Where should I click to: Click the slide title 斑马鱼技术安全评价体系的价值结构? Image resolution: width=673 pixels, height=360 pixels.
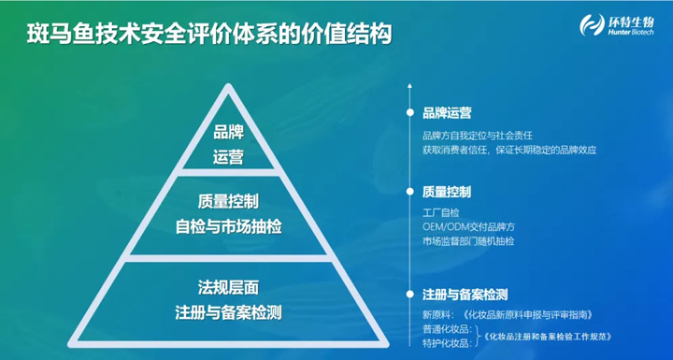tap(207, 34)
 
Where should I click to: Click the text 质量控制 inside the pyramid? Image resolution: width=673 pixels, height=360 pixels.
tap(228, 202)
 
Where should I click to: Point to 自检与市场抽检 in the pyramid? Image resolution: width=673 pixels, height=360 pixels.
tap(228, 226)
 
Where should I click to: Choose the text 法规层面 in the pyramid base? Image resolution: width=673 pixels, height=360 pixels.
tap(228, 286)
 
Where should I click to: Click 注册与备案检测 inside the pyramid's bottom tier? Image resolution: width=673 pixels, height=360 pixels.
tap(228, 310)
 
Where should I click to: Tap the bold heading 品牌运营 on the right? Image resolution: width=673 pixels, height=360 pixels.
tap(446, 112)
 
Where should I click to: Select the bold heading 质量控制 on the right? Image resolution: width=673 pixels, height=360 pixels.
tap(446, 192)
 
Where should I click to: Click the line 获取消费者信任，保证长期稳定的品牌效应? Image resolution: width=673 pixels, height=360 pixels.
tap(508, 149)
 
